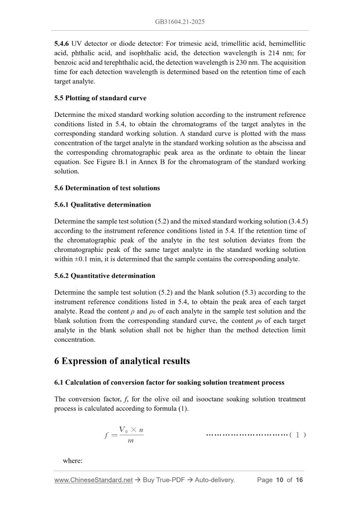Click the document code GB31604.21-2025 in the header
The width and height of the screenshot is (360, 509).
pos(180,22)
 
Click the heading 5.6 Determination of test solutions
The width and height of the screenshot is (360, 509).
pos(107,188)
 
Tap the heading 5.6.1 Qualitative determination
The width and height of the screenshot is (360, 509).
pos(102,205)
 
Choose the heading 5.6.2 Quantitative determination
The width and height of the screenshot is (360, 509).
pos(104,276)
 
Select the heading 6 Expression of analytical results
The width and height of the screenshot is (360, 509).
pos(122,361)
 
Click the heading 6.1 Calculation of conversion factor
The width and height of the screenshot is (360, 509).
pos(169,382)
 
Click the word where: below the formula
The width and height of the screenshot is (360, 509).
pos(73,461)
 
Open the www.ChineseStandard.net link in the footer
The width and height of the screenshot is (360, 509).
pos(94,480)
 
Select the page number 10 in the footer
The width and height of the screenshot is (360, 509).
pos(279,480)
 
